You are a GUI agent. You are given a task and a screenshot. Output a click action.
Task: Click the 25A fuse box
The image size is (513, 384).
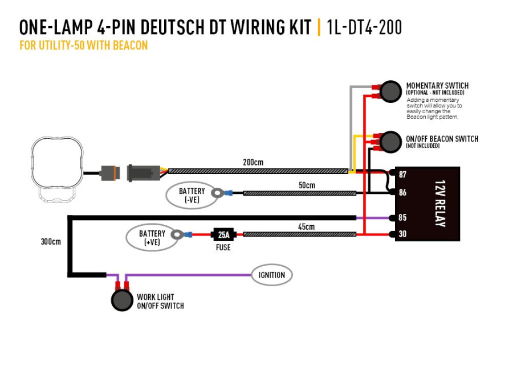click(223, 234)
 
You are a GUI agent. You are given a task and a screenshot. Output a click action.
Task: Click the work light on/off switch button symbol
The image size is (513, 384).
click(122, 300)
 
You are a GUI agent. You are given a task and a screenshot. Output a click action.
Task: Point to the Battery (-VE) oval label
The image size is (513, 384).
click(192, 195)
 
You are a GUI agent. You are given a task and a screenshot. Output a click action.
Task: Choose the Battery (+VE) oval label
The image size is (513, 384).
click(152, 237)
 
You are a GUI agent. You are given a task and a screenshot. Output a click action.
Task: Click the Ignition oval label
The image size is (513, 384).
click(272, 275)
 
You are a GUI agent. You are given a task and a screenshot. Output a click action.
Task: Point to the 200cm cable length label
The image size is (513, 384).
click(253, 162)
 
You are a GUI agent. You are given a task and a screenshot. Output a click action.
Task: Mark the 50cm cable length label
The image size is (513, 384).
click(306, 185)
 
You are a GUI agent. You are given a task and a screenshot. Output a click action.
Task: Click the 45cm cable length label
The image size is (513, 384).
click(306, 226)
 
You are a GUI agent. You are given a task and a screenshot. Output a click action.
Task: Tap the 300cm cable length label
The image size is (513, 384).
click(51, 241)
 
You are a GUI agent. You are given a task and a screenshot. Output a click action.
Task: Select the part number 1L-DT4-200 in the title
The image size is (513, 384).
click(364, 27)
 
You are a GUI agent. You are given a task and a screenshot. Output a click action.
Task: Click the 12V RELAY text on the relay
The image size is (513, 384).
click(439, 204)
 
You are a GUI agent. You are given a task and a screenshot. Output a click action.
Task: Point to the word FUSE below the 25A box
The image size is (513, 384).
click(223, 247)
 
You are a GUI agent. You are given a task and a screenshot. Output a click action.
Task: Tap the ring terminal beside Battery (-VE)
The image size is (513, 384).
click(218, 193)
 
